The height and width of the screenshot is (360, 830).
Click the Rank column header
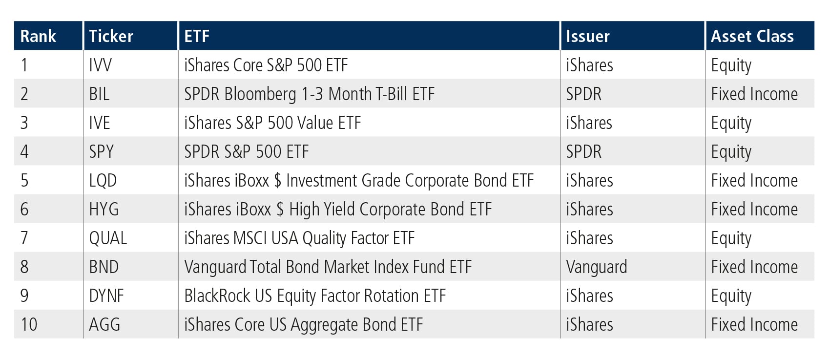click(38, 36)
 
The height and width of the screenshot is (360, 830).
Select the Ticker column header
click(111, 36)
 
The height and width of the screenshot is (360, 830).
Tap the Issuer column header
click(588, 36)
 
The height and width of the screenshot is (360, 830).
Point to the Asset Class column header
click(752, 36)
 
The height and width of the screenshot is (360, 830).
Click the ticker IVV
click(101, 65)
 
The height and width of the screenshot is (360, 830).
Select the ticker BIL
click(99, 94)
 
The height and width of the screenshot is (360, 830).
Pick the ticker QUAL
click(108, 238)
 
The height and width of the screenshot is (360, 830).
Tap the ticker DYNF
click(106, 296)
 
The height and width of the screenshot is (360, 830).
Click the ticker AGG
click(105, 325)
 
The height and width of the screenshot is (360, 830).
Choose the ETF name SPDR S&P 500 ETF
click(247, 151)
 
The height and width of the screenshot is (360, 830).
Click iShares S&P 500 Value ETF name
click(273, 123)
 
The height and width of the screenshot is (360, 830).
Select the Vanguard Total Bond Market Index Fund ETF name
click(328, 267)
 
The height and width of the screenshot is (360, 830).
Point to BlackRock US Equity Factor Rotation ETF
click(315, 296)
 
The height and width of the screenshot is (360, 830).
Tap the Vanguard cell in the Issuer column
click(597, 267)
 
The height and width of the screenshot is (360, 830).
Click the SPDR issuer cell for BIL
click(583, 94)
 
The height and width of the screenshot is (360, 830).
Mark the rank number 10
click(29, 325)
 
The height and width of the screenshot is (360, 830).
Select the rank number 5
click(24, 181)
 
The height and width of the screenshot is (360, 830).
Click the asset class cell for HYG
click(754, 210)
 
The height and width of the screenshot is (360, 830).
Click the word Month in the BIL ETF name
click(350, 94)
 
